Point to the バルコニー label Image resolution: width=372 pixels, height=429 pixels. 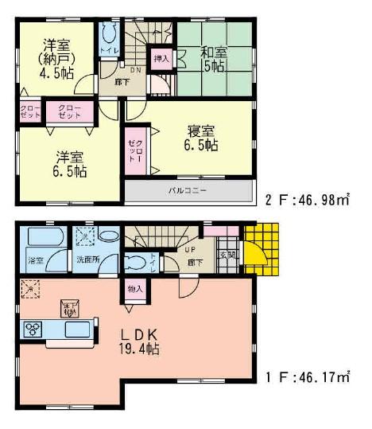pyautogui.click(x=188, y=192)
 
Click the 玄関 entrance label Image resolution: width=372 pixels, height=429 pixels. pyautogui.click(x=227, y=254)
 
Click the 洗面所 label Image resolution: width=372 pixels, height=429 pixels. pyautogui.click(x=87, y=259)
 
